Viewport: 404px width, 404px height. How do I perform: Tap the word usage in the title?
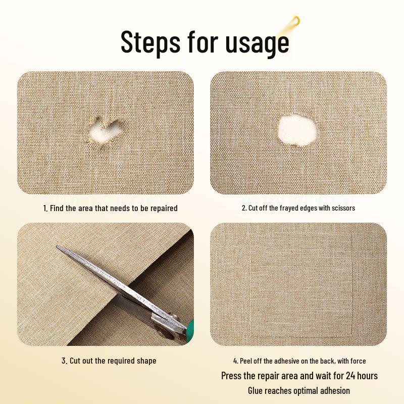(256, 43)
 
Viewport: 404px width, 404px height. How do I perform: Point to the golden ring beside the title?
(296, 21)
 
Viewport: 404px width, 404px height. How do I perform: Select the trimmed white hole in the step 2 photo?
(297, 129)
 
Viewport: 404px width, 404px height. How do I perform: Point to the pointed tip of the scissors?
(58, 248)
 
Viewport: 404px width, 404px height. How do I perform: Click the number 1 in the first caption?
(44, 208)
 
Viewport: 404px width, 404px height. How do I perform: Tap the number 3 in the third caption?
(64, 361)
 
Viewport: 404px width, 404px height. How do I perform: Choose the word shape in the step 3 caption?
(146, 361)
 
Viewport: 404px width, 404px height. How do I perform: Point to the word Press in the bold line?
(233, 376)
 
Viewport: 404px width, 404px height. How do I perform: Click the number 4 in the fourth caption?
(235, 361)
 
